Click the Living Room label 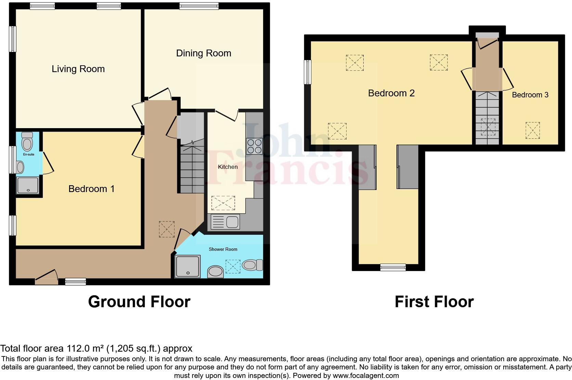pyautogui.click(x=78, y=69)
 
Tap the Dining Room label pyautogui.click(x=204, y=53)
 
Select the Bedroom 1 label pyautogui.click(x=91, y=189)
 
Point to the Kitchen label pyautogui.click(x=228, y=167)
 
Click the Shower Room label pyautogui.click(x=223, y=249)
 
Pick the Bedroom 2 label pyautogui.click(x=391, y=93)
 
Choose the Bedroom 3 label pyautogui.click(x=530, y=95)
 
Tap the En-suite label pyautogui.click(x=29, y=154)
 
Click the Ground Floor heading pyautogui.click(x=139, y=302)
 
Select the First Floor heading pyautogui.click(x=434, y=302)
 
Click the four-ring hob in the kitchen pyautogui.click(x=254, y=146)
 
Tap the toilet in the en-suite pyautogui.click(x=27, y=141)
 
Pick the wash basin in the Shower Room pyautogui.click(x=216, y=272)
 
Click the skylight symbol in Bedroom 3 pyautogui.click(x=533, y=130)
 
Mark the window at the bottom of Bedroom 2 pyautogui.click(x=393, y=267)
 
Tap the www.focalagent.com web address pyautogui.click(x=366, y=376)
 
